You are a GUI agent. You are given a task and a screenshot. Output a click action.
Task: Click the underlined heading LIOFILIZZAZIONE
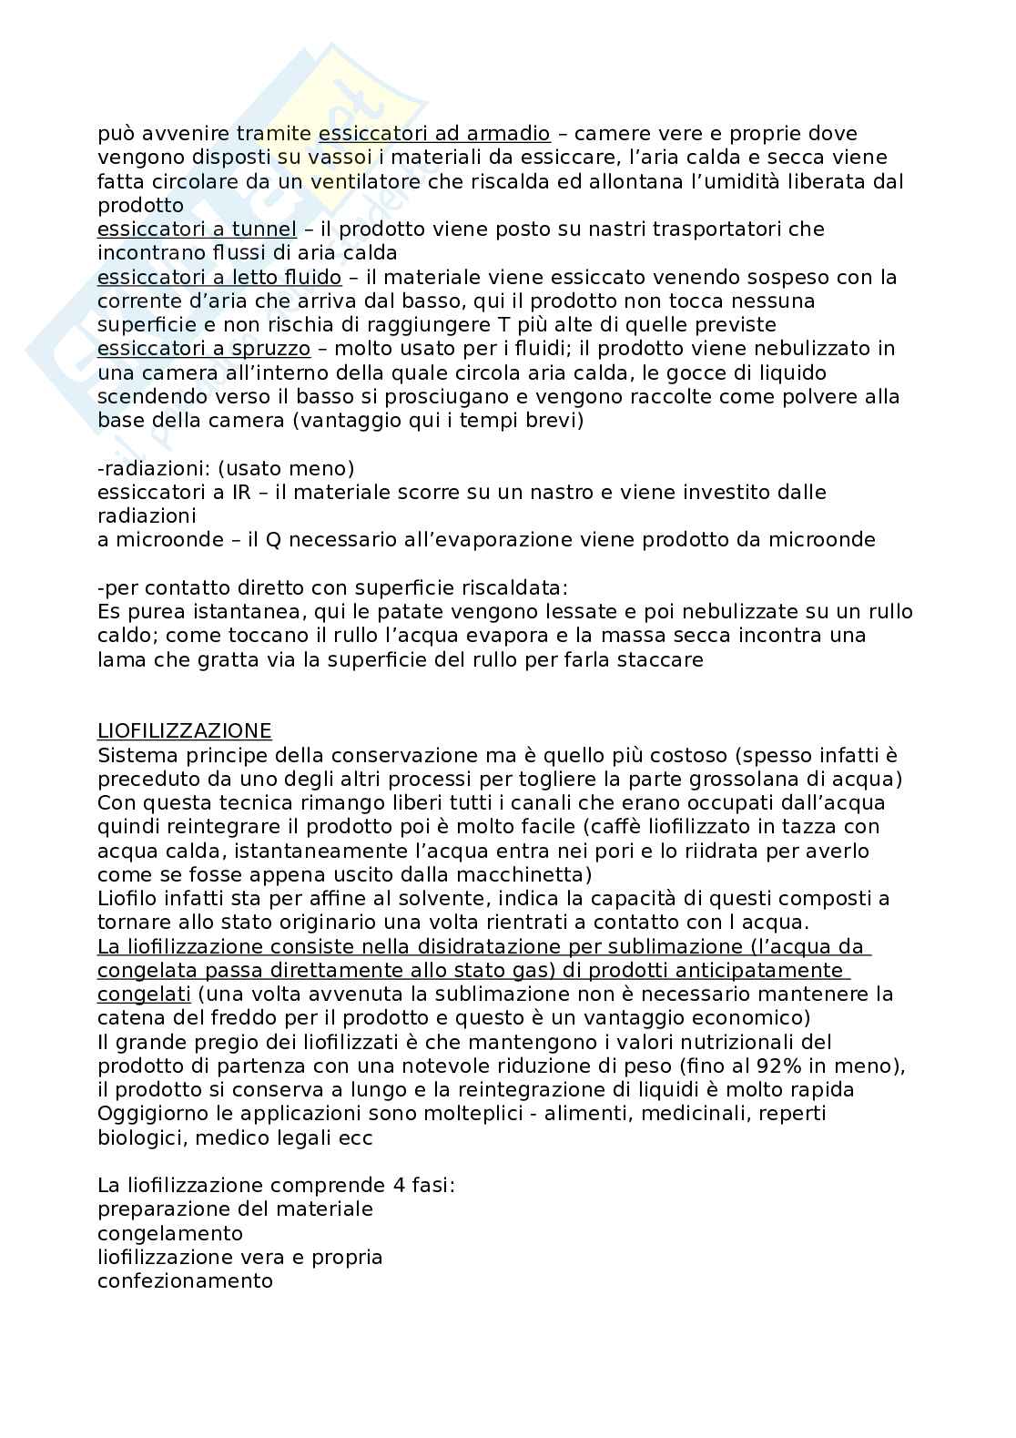pyautogui.click(x=184, y=731)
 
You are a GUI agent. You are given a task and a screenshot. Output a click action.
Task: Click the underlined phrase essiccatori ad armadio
pyautogui.click(x=434, y=134)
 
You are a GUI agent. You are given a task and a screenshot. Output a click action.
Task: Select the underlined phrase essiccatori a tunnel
pyautogui.click(x=197, y=229)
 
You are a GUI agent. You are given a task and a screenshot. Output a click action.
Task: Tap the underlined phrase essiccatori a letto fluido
pyautogui.click(x=219, y=277)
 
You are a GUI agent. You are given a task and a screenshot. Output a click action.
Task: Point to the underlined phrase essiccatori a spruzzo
pyautogui.click(x=204, y=348)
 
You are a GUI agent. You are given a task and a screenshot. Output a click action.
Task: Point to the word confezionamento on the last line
pyautogui.click(x=185, y=1280)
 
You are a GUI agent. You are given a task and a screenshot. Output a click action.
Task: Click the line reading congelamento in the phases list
pyautogui.click(x=170, y=1233)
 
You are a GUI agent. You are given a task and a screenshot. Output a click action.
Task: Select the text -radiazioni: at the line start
pyautogui.click(x=144, y=468)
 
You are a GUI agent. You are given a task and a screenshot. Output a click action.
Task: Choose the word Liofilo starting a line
pyautogui.click(x=127, y=899)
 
